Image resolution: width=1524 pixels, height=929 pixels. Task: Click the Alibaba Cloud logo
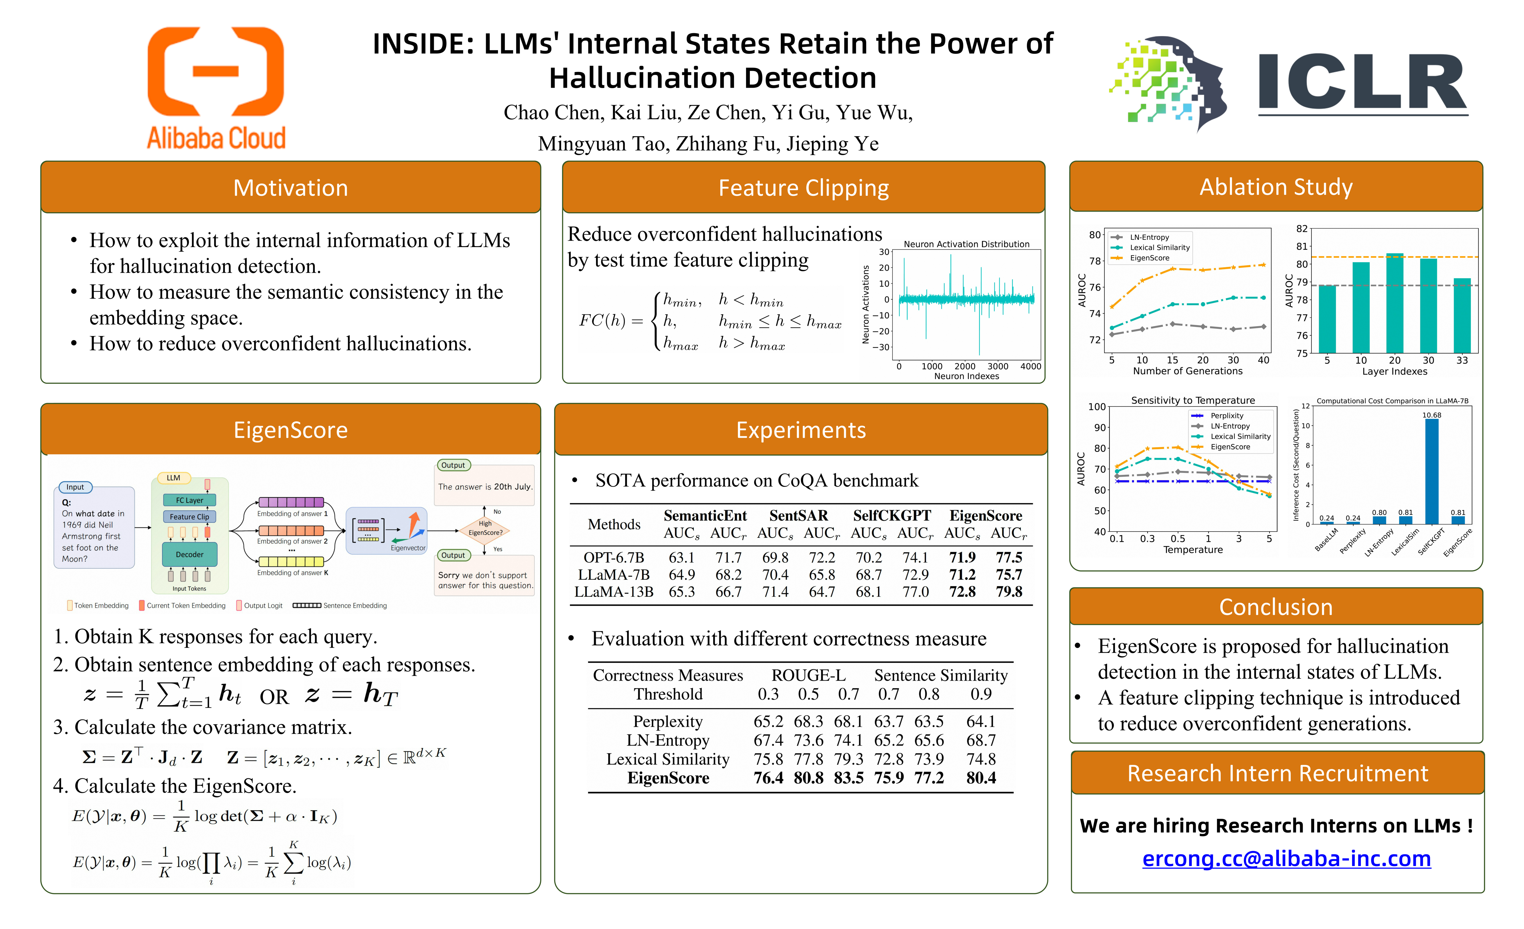[216, 88]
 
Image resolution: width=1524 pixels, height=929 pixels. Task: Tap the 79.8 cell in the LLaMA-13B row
[1009, 592]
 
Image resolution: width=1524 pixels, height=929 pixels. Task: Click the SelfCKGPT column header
[892, 516]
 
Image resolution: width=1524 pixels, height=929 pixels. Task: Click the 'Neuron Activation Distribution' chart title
[966, 244]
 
